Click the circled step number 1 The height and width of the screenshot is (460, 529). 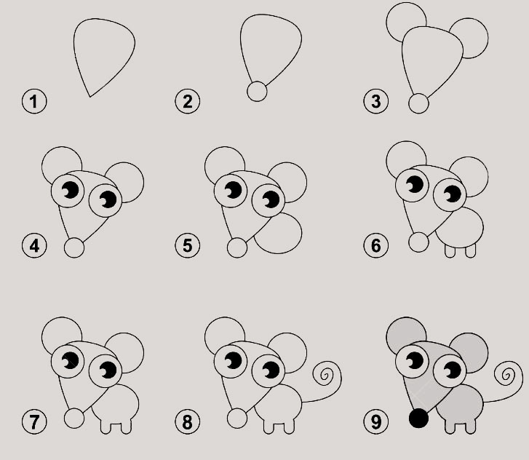point(34,101)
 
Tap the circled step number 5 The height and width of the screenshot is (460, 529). point(187,245)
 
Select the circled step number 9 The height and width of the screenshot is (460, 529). point(376,421)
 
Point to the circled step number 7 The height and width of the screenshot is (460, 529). point(34,421)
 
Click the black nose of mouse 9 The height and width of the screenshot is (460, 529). point(418,419)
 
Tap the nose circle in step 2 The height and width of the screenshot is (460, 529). point(257,91)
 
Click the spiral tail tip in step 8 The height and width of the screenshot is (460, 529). point(325,375)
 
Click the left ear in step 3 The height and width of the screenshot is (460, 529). point(406,23)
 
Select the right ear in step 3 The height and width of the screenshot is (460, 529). point(469,38)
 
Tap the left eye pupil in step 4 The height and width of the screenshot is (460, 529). point(71,190)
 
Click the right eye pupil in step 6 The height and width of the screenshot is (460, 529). point(452,194)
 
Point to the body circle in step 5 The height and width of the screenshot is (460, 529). point(278,232)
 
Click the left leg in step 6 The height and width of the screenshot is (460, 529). point(450,251)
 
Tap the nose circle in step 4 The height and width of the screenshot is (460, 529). point(74,247)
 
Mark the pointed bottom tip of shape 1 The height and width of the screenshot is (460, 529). point(90,97)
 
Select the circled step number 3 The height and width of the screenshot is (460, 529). point(376,101)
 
